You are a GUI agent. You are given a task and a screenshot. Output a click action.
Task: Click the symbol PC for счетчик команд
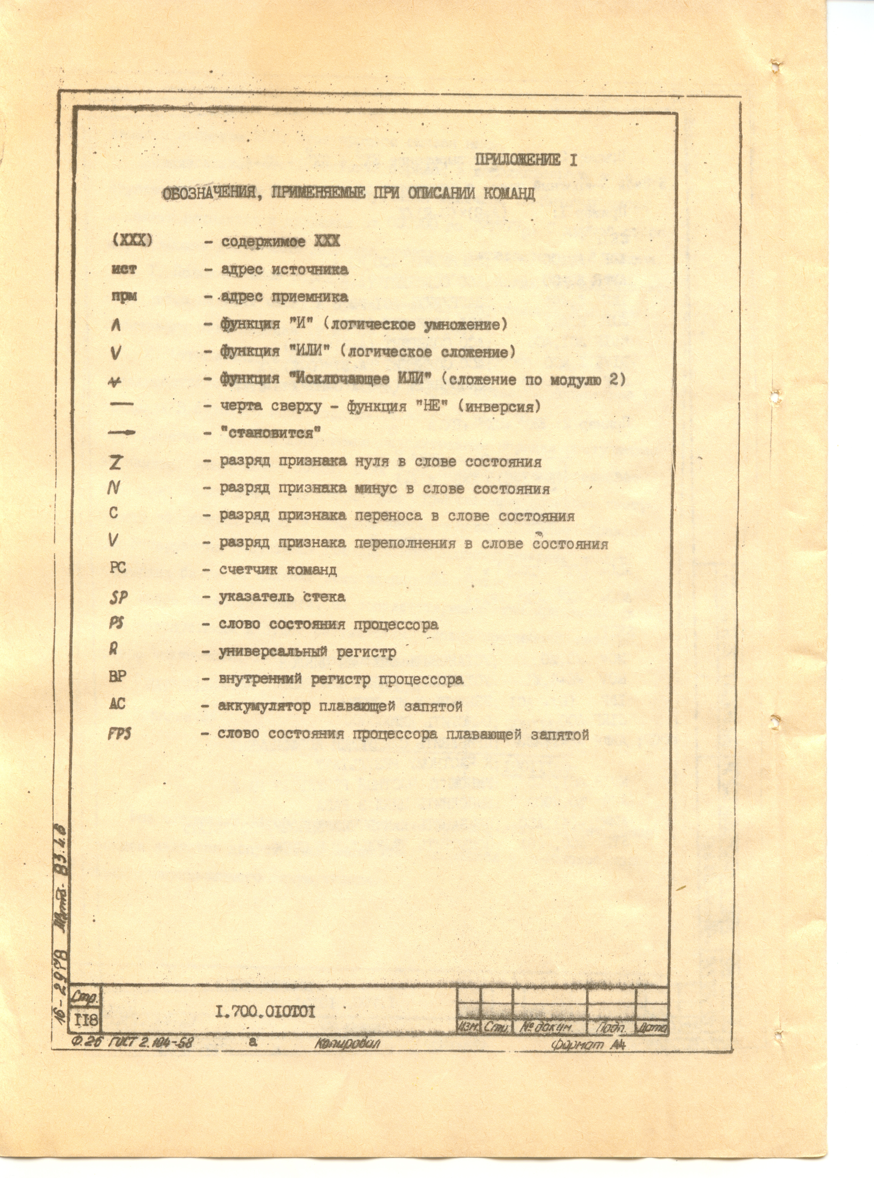tap(117, 568)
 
